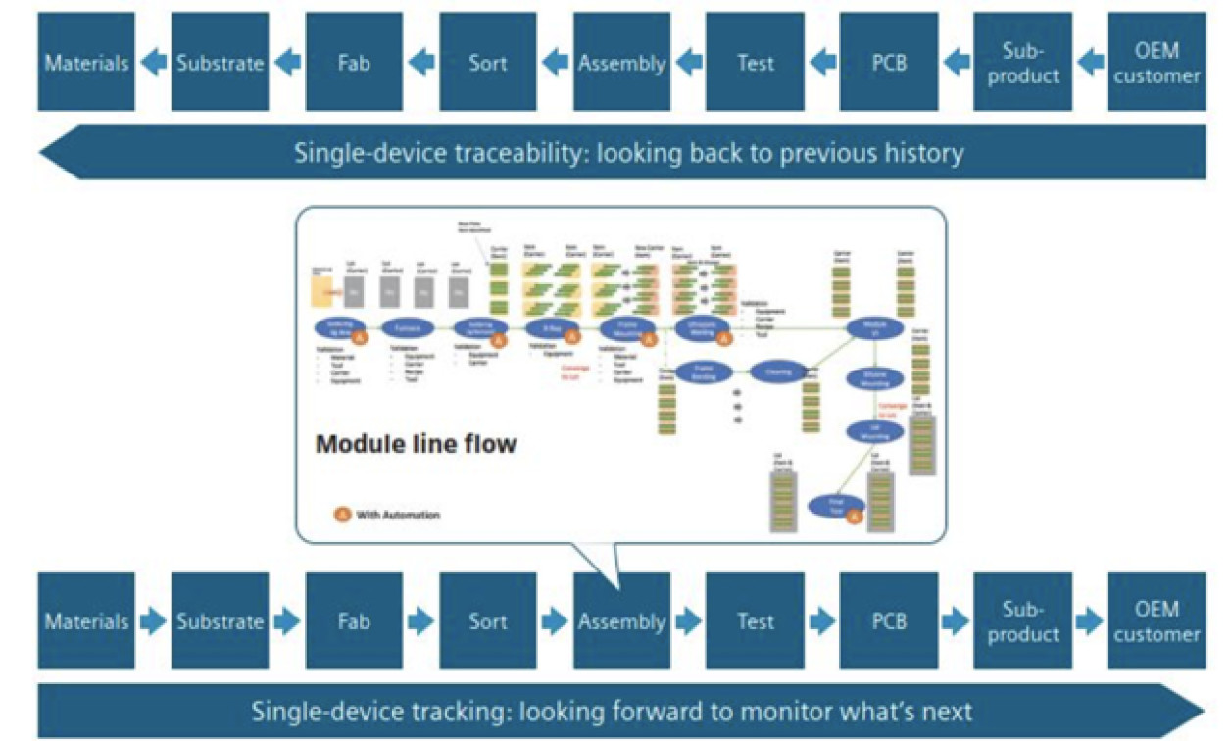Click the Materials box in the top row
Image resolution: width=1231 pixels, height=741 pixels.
pyautogui.click(x=86, y=62)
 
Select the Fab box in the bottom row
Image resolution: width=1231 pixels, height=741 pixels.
pyautogui.click(x=354, y=621)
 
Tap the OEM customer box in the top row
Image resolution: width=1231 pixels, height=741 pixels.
pyautogui.click(x=1157, y=62)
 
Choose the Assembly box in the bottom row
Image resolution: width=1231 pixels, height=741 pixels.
pyautogui.click(x=621, y=621)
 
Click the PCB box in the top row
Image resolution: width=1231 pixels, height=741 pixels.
pyautogui.click(x=889, y=62)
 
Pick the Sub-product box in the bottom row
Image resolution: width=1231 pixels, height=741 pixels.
pyautogui.click(x=1022, y=621)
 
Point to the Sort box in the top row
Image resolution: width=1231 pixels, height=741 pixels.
pyautogui.click(x=488, y=62)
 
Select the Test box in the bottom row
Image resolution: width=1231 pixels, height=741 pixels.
pyautogui.click(x=755, y=621)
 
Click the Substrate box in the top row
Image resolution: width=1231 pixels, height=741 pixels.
pyautogui.click(x=220, y=62)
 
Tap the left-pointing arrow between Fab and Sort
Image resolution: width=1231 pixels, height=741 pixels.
pyautogui.click(x=421, y=63)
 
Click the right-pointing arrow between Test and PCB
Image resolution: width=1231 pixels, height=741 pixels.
pyautogui.click(x=822, y=621)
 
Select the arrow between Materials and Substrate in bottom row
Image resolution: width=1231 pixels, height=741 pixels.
pyautogui.click(x=154, y=621)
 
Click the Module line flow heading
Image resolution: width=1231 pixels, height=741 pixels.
pyautogui.click(x=416, y=444)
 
